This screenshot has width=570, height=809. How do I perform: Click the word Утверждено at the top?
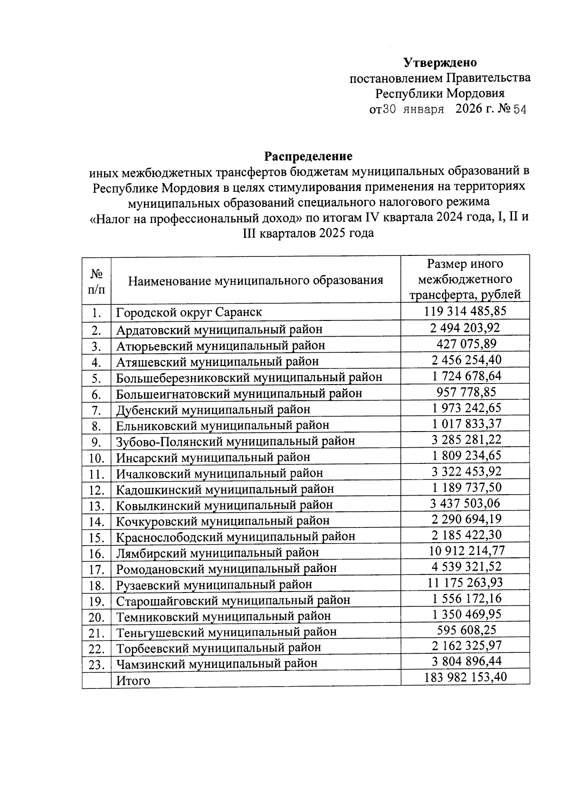[x=440, y=63]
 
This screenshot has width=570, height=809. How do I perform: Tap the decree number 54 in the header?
[x=520, y=110]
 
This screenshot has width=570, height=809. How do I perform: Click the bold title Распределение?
[x=308, y=156]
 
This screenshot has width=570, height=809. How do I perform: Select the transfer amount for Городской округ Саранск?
[x=465, y=311]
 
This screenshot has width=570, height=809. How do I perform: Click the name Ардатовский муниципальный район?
[x=219, y=329]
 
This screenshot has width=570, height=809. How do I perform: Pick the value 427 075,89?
[x=466, y=344]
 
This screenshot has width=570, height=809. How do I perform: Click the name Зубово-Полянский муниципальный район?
[x=236, y=442]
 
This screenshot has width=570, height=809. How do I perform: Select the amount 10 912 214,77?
[x=466, y=551]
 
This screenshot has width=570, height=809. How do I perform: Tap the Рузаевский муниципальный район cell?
[x=214, y=584]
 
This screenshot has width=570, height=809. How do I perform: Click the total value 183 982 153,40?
[x=465, y=677]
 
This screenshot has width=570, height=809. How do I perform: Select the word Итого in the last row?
[x=133, y=681]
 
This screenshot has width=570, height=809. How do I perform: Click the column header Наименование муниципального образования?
[x=256, y=281]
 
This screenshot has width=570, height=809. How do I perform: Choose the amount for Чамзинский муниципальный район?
[x=466, y=661]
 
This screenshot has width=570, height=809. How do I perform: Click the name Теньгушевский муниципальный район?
[x=227, y=632]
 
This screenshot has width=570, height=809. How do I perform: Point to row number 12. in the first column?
[x=96, y=490]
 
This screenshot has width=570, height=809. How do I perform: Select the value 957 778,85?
[x=466, y=392]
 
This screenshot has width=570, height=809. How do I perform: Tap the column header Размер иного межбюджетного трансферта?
[x=465, y=279]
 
